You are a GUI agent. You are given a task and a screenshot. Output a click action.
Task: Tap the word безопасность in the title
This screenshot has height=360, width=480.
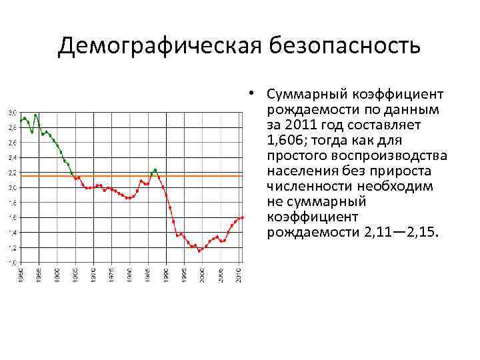point(345,47)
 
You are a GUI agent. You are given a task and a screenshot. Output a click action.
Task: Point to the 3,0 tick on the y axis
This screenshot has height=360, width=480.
point(13,112)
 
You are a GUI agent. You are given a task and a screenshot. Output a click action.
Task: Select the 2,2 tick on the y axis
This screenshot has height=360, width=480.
point(13,173)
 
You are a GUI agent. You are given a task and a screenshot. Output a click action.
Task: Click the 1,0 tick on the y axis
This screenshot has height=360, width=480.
point(13,263)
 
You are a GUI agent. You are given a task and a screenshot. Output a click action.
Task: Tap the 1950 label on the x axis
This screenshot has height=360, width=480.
point(21,274)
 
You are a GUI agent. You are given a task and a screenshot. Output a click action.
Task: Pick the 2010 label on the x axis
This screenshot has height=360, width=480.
point(239,274)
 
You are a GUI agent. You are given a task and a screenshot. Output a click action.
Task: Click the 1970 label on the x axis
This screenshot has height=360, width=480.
point(93,274)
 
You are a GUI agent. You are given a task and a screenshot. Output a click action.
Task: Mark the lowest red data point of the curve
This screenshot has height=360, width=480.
point(199,251)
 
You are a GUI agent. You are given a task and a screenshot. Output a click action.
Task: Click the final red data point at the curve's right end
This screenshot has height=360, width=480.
point(243,217)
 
